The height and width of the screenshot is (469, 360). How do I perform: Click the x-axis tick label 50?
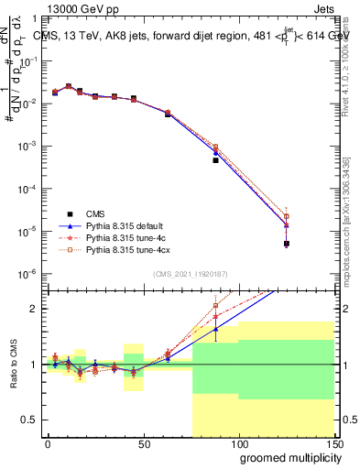pyautogui.click(x=143, y=443)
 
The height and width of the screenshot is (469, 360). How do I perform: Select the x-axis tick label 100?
pyautogui.click(x=237, y=443)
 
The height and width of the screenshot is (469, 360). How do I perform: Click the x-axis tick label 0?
pyautogui.click(x=48, y=443)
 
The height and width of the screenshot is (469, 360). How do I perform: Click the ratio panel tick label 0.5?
pyautogui.click(x=30, y=420)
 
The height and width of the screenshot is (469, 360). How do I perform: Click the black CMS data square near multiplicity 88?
pyautogui.click(x=215, y=160)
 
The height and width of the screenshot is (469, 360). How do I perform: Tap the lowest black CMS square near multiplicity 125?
pyautogui.click(x=287, y=244)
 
